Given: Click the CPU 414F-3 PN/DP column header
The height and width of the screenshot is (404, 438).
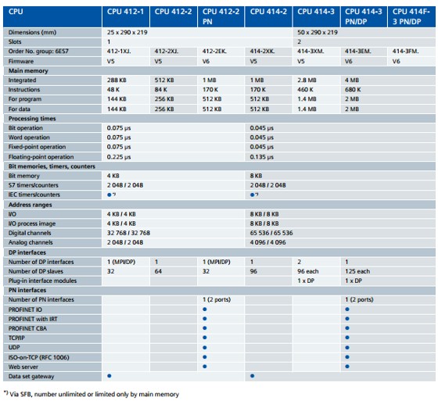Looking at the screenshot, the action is tap(411, 16).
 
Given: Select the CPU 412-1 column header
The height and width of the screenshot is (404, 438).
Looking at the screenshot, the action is tap(125, 12).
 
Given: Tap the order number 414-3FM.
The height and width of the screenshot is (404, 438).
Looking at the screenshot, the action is tap(405, 52).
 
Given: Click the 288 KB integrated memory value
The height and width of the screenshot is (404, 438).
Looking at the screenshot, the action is tap(117, 80).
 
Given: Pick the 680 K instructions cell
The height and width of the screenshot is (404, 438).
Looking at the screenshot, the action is tap(353, 90).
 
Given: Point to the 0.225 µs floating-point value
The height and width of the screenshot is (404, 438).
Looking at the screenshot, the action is tap(119, 157).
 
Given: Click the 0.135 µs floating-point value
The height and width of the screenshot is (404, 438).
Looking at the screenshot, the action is tap(262, 157).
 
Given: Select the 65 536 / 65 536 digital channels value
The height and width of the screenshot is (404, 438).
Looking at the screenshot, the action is tap(271, 233).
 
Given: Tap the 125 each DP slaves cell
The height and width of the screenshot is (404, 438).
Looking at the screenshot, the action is tap(357, 271).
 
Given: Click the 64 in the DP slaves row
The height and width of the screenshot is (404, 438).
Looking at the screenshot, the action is tap(158, 271).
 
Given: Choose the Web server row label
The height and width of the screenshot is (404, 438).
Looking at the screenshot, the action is tap(23, 367).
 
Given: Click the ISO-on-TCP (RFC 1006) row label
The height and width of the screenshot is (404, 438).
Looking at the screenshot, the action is tap(38, 357).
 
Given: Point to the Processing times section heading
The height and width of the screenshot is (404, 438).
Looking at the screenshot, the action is tap(32, 119).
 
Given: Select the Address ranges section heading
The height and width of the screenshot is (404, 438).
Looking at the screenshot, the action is tap(31, 205).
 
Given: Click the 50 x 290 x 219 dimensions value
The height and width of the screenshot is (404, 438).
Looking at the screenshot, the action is tap(318, 32).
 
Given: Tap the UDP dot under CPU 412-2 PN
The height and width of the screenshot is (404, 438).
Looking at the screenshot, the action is tap(205, 348).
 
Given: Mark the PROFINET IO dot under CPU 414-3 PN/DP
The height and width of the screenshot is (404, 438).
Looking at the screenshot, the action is tap(347, 309).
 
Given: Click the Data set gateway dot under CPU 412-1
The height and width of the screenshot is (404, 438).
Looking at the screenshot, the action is tap(109, 376).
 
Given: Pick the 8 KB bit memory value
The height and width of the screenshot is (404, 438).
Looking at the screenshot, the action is tap(256, 176).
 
